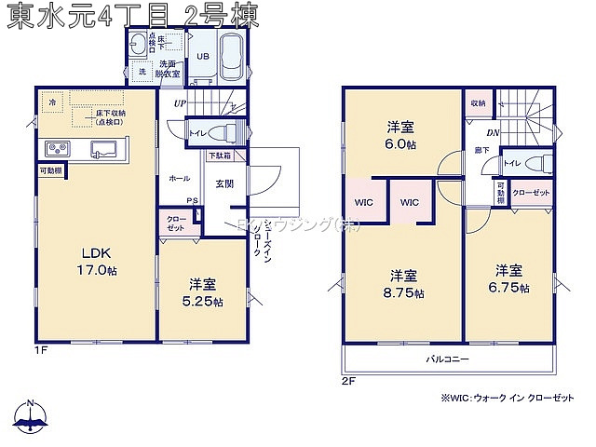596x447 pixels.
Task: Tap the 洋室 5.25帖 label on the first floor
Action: [202, 291]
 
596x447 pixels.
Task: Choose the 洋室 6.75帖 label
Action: [509, 278]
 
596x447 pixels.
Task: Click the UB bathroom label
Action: [201, 57]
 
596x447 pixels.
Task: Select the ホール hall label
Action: [179, 177]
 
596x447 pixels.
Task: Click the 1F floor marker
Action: [41, 350]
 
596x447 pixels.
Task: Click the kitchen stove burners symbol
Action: [54, 149]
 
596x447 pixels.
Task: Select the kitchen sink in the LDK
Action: [102, 149]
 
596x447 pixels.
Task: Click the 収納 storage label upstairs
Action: [478, 103]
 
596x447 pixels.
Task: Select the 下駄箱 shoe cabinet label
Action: [219, 156]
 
